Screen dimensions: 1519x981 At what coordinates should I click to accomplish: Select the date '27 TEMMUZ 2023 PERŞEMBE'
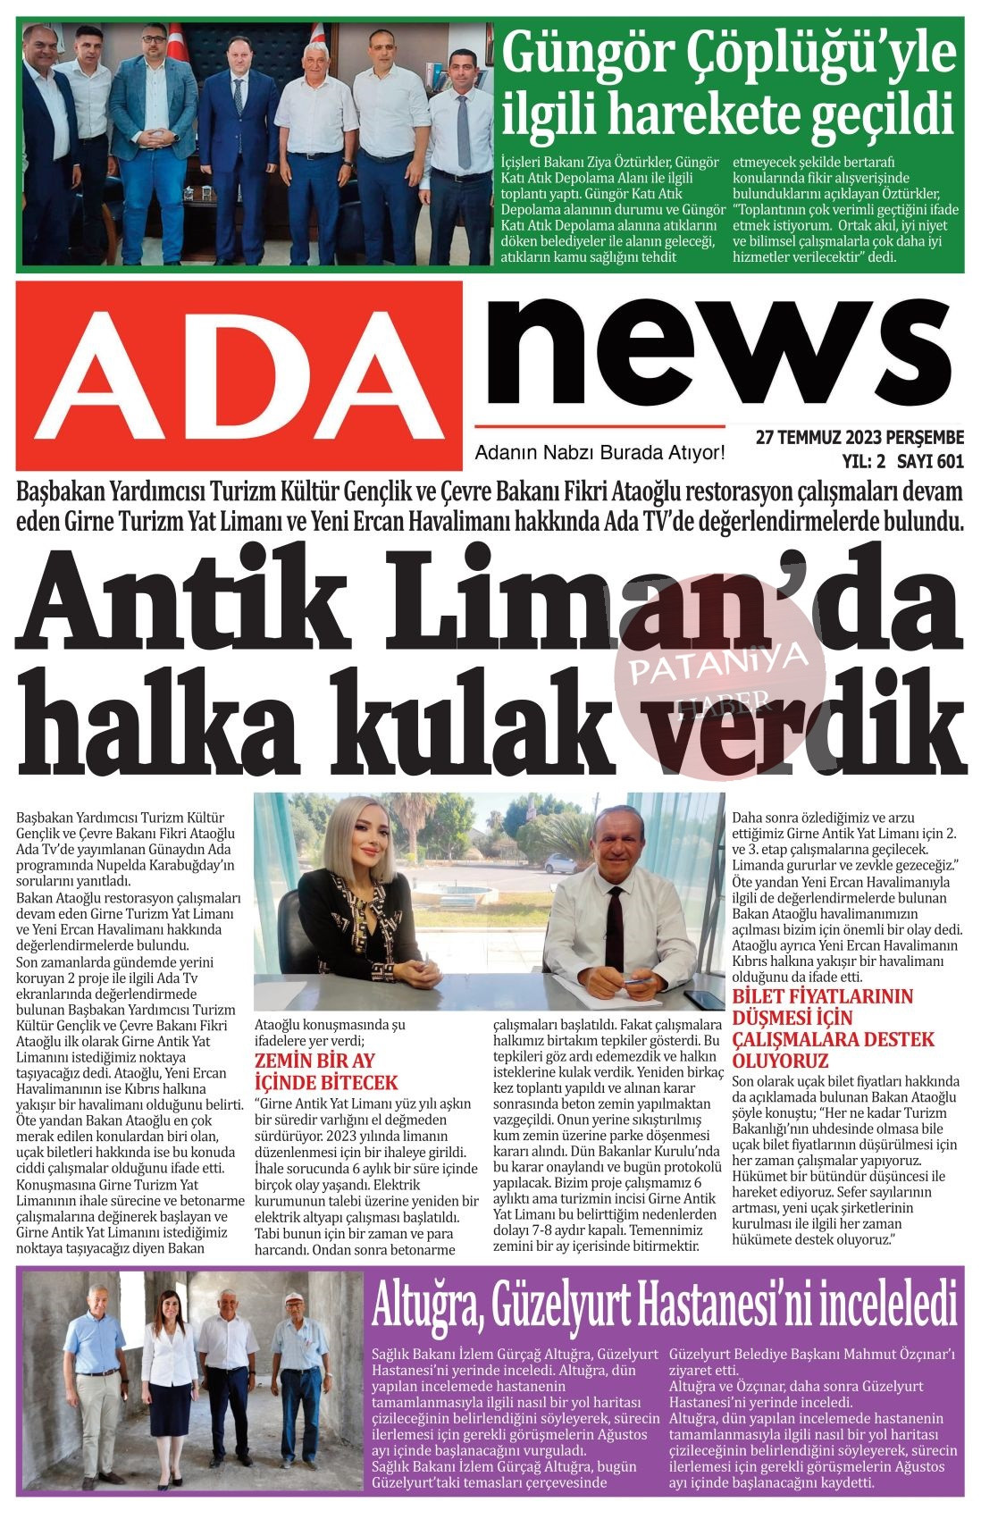(x=859, y=438)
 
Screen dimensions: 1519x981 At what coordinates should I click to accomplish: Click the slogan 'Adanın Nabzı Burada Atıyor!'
(x=599, y=453)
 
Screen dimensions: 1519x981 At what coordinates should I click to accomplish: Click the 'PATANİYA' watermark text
(x=719, y=663)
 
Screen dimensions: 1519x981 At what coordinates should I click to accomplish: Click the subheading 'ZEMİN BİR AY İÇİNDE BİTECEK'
(x=325, y=1071)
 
